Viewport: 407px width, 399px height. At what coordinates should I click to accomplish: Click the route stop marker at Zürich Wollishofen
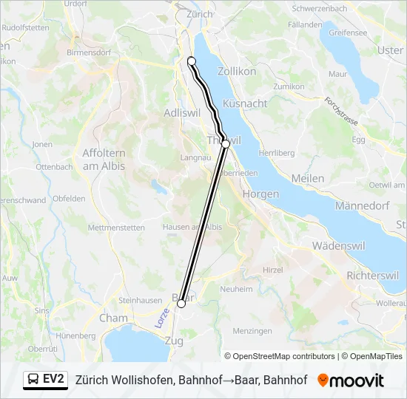(192, 61)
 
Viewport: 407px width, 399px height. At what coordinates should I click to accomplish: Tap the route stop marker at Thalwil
(226, 144)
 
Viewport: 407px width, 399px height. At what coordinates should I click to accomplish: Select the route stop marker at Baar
(181, 304)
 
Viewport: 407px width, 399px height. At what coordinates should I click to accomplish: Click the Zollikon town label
(237, 72)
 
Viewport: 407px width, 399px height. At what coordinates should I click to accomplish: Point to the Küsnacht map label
(245, 103)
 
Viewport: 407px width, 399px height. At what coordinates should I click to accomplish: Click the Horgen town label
(260, 194)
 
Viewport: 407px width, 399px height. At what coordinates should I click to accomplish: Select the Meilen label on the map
(308, 179)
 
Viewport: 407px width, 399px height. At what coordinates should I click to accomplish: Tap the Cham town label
(113, 318)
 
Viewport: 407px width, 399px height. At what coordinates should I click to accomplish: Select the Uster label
(390, 50)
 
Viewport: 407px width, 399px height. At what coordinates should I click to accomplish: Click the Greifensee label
(348, 33)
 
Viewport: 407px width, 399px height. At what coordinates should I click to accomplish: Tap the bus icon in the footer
(33, 380)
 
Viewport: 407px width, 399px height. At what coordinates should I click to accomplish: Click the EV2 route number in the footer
(54, 380)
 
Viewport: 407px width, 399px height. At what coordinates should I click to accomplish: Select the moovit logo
(351, 381)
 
